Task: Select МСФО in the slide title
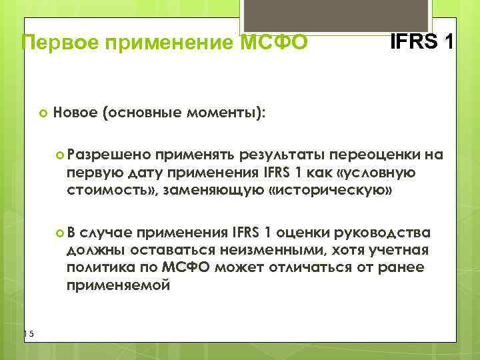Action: (273, 43)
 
